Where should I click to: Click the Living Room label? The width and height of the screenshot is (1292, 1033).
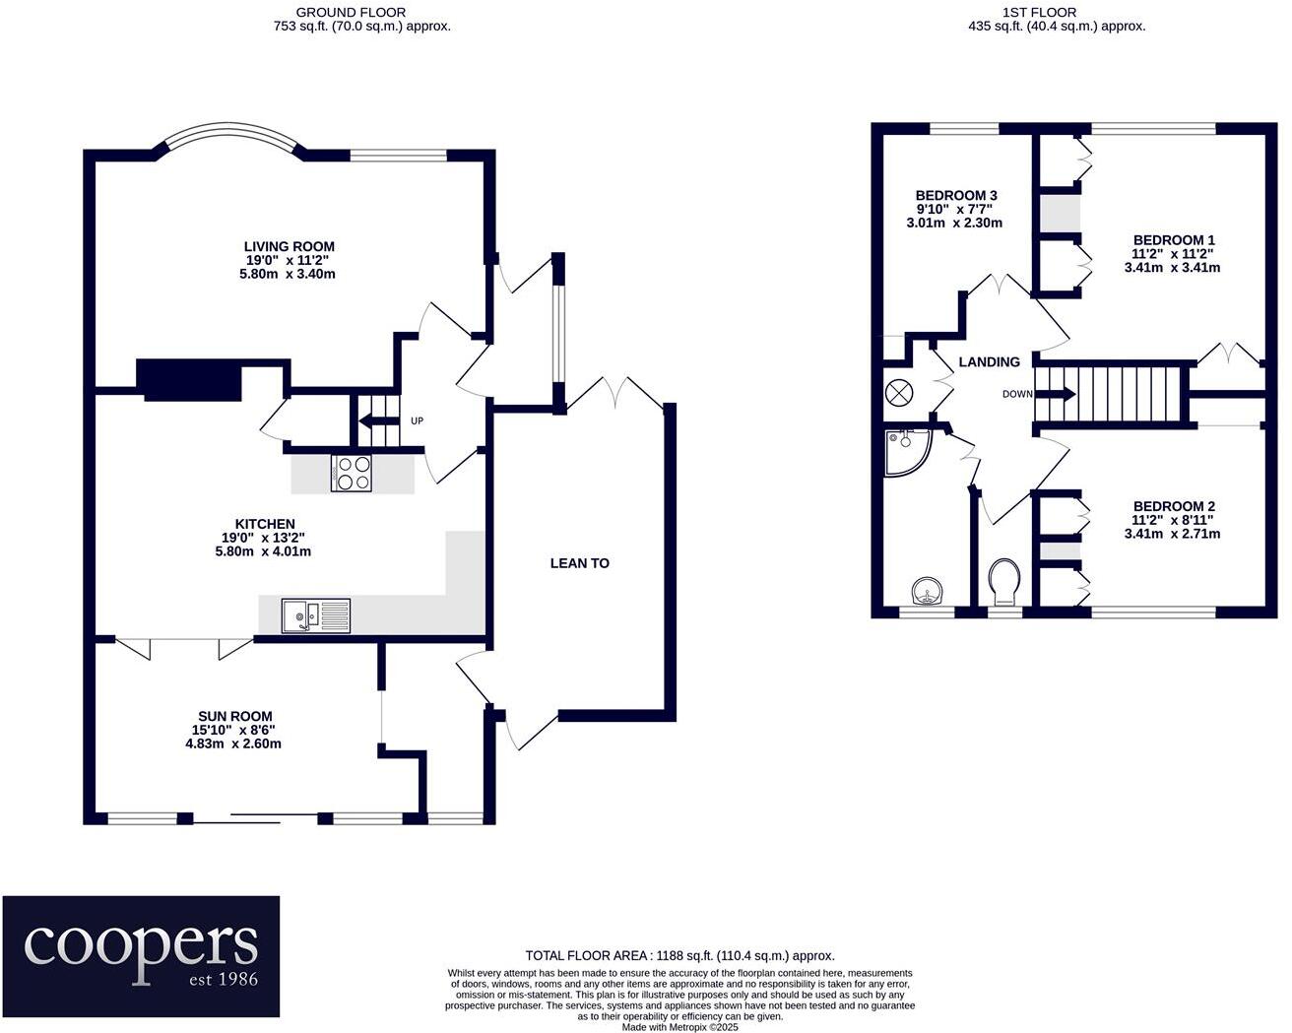tap(289, 247)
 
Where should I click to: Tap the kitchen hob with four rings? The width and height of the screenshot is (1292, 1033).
tap(352, 474)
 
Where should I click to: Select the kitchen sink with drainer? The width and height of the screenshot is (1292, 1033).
tap(316, 616)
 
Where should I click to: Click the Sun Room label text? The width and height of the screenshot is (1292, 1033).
tap(235, 717)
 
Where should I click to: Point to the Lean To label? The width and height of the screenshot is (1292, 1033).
tap(579, 563)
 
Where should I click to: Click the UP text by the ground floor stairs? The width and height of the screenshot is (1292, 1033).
tap(417, 421)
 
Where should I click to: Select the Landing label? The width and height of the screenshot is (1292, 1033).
tap(989, 362)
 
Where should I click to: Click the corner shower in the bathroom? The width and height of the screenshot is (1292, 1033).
tap(906, 451)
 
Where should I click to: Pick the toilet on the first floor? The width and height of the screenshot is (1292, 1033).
tap(1005, 582)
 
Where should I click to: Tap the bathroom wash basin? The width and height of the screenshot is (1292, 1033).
tap(927, 591)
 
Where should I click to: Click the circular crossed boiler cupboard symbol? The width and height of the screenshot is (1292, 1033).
tap(899, 392)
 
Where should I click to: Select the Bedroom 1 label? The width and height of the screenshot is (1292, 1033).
tap(1173, 240)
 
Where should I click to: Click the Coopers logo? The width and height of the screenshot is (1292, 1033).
tap(141, 956)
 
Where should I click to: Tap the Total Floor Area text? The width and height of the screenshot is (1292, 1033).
tap(679, 955)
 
